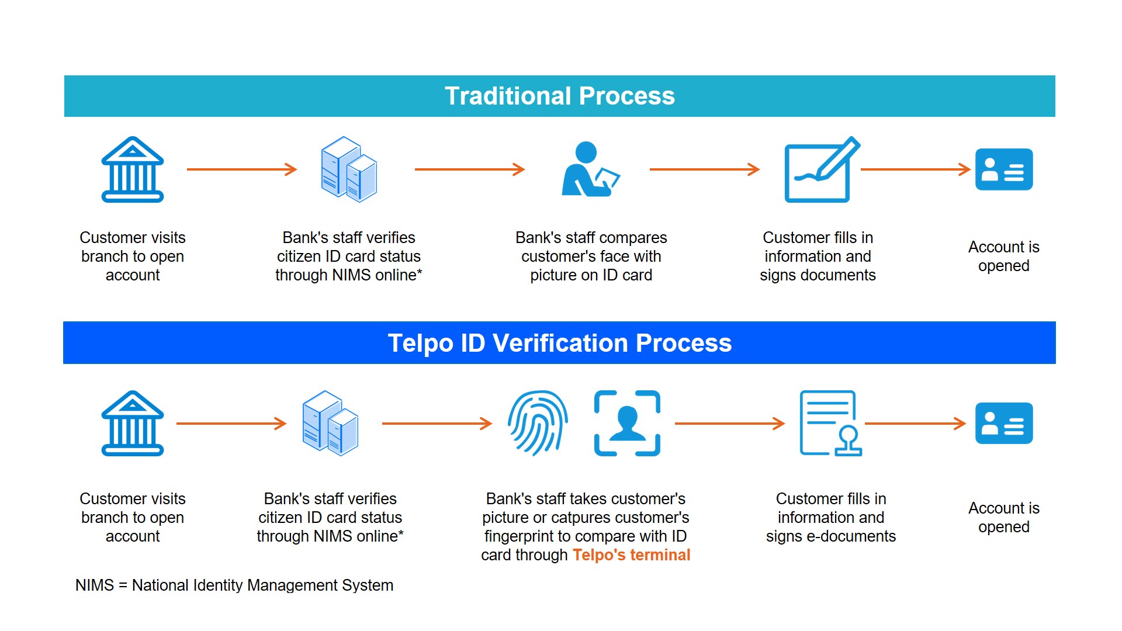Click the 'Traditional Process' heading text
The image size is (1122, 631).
tap(559, 96)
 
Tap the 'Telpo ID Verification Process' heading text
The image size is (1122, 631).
tap(559, 343)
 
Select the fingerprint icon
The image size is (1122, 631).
tap(538, 423)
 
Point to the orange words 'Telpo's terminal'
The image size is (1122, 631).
tap(631, 555)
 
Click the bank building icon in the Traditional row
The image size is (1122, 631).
tap(133, 169)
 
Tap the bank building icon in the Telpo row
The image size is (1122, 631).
tap(133, 423)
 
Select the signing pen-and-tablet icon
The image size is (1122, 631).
tap(821, 169)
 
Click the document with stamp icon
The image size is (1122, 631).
tap(830, 423)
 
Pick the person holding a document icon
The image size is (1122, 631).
tap(589, 169)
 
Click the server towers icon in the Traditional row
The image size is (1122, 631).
tap(349, 169)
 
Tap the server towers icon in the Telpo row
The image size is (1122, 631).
tap(330, 423)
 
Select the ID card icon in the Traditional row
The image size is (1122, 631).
tap(1004, 169)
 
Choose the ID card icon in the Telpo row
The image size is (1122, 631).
tap(1004, 423)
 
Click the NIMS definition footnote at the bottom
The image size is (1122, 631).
tap(234, 585)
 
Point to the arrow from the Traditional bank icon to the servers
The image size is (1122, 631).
tap(242, 169)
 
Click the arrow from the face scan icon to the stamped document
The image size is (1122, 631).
tap(730, 424)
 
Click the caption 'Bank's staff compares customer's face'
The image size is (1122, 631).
tap(591, 247)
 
